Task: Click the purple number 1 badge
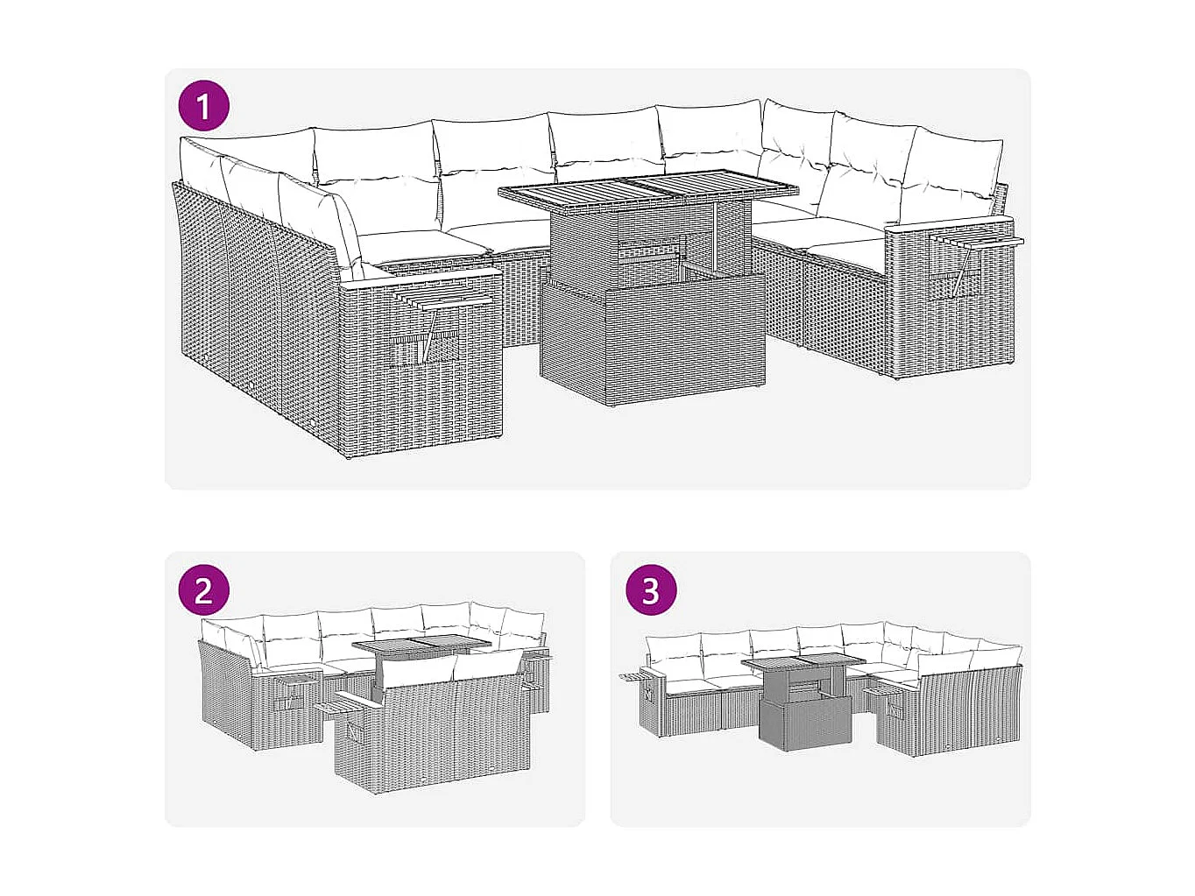[203, 106]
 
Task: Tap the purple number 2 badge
[203, 589]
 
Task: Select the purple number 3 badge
[650, 589]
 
